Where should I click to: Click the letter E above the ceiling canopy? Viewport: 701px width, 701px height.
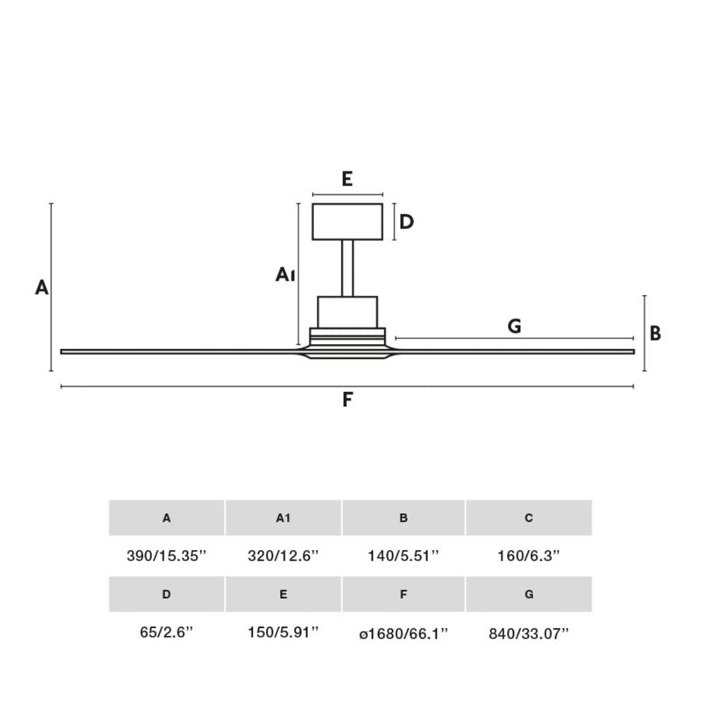[347, 179]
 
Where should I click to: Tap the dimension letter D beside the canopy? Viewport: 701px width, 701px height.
[407, 222]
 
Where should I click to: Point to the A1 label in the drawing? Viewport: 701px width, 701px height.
[285, 274]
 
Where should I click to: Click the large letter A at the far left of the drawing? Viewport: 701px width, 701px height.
[41, 287]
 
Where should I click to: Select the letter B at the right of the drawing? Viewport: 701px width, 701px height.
[655, 334]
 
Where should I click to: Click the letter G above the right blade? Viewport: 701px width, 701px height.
[514, 326]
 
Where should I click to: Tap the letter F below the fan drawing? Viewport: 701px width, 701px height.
[347, 400]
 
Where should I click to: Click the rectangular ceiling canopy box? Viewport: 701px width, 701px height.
[347, 222]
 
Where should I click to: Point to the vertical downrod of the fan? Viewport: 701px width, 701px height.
[347, 268]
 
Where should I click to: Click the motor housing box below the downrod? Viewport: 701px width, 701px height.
[347, 312]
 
